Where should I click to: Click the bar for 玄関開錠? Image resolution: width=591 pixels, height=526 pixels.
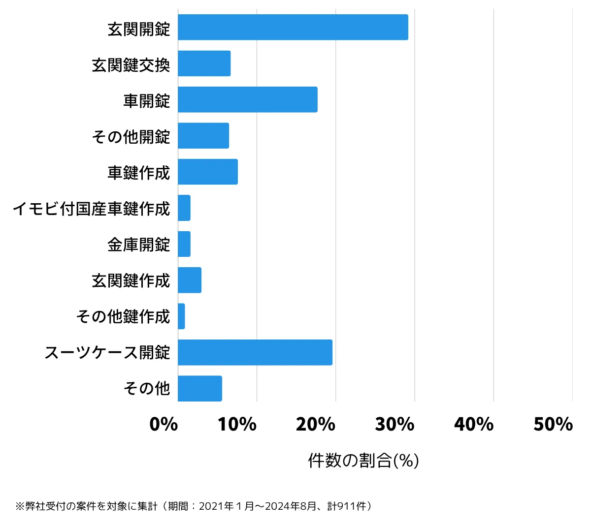293,27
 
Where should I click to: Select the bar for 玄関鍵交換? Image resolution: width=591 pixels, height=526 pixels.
204,63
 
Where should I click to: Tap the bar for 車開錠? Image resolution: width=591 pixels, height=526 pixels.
248,99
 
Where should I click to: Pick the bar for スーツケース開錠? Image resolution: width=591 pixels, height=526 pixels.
255,352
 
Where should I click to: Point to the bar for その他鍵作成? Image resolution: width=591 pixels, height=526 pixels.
181,316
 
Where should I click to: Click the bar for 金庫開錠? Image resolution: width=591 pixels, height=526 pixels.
184,244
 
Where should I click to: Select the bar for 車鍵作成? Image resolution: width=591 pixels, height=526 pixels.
208,172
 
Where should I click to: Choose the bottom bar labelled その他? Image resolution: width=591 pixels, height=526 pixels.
200,388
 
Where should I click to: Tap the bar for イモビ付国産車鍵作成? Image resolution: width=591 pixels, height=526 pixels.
184,208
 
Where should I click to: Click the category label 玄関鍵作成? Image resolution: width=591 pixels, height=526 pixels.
131,280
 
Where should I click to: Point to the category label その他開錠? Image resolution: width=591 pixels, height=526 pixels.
131,136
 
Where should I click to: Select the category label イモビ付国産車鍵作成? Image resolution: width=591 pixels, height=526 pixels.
91,209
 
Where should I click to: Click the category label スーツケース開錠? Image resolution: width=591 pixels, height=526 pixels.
107,352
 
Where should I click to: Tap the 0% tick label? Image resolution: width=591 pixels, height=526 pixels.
164,424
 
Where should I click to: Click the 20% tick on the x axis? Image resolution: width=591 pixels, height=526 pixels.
315,424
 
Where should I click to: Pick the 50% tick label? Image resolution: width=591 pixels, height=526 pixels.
553,424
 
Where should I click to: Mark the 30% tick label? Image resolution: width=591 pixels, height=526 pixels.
394,424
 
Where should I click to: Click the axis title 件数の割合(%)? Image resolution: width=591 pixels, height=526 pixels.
363,461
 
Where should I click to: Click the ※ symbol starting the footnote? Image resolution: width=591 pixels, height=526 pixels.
20,506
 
